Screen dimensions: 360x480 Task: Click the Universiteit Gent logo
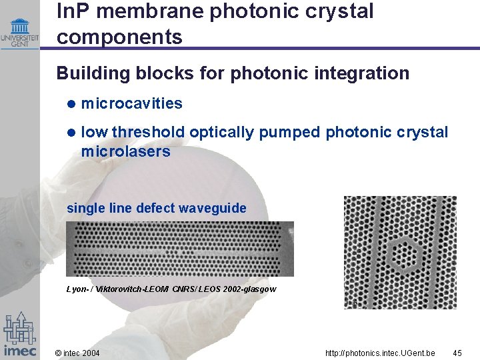pyautogui.click(x=20, y=31)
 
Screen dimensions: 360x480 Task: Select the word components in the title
pyautogui.click(x=119, y=37)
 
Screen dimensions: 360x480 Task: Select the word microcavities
pyautogui.click(x=131, y=103)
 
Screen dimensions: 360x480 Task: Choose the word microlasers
pyautogui.click(x=125, y=151)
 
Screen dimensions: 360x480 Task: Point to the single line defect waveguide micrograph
pyautogui.click(x=179, y=248)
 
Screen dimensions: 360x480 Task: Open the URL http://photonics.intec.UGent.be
pyautogui.click(x=380, y=352)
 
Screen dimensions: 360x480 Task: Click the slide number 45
pyautogui.click(x=457, y=352)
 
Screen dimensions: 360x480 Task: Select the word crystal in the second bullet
pyautogui.click(x=424, y=133)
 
